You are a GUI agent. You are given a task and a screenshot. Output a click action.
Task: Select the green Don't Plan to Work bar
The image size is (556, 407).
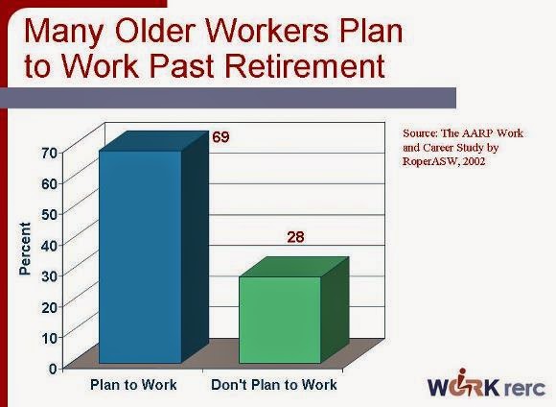279,321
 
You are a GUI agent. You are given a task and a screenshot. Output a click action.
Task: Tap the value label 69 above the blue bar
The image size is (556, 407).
220,137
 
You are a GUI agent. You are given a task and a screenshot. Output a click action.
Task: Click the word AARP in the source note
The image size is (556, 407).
473,133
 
